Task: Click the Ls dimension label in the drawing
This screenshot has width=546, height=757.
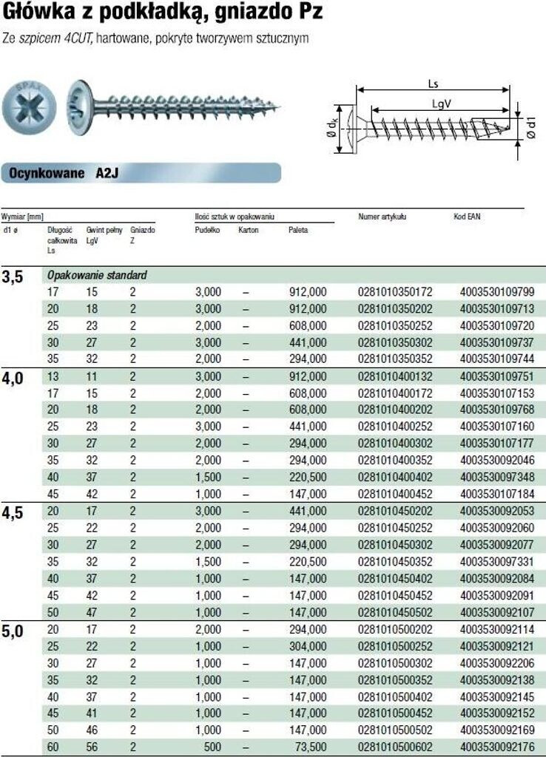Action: click(x=433, y=84)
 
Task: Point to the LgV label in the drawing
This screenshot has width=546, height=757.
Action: click(x=442, y=104)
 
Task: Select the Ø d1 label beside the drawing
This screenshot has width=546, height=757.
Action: click(x=530, y=129)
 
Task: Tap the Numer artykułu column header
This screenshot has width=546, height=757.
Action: click(x=382, y=217)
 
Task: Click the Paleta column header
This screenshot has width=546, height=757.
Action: click(x=298, y=231)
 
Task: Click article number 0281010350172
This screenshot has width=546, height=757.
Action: click(x=394, y=292)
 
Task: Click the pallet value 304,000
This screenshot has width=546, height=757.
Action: click(x=306, y=645)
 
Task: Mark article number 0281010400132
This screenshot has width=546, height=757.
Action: click(x=394, y=376)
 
